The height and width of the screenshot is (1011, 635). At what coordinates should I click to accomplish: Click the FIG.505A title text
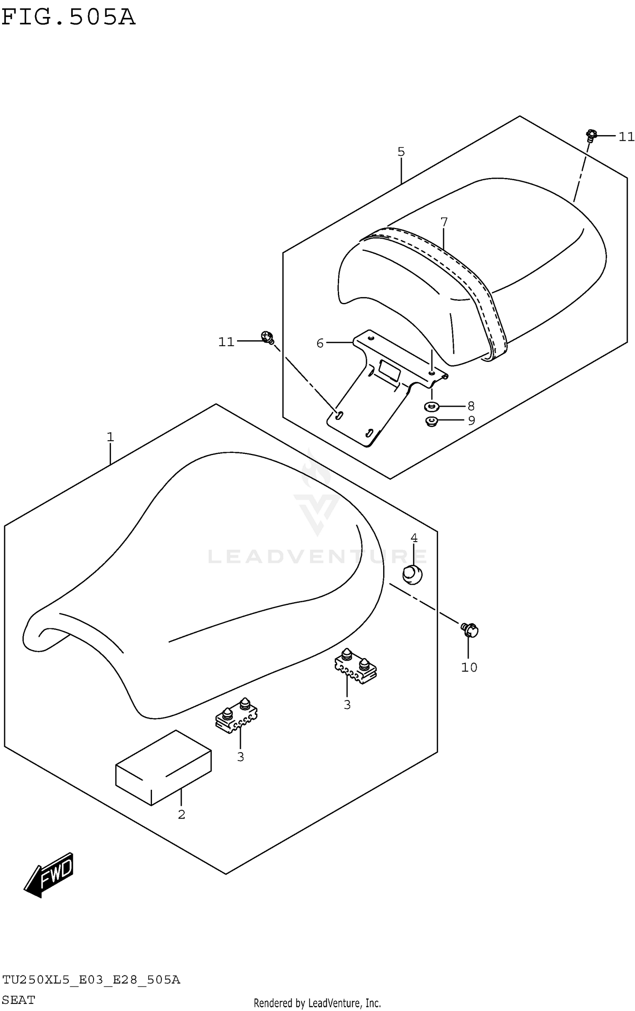pyautogui.click(x=69, y=17)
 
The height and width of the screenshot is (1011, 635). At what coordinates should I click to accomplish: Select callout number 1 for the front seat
pyautogui.click(x=110, y=437)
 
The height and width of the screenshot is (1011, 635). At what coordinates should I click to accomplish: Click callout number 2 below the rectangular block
pyautogui.click(x=181, y=814)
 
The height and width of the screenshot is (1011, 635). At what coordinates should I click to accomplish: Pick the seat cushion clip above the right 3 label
pyautogui.click(x=355, y=666)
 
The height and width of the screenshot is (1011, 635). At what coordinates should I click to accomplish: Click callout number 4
pyautogui.click(x=414, y=538)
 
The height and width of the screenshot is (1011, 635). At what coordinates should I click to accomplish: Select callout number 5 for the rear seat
pyautogui.click(x=401, y=152)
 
